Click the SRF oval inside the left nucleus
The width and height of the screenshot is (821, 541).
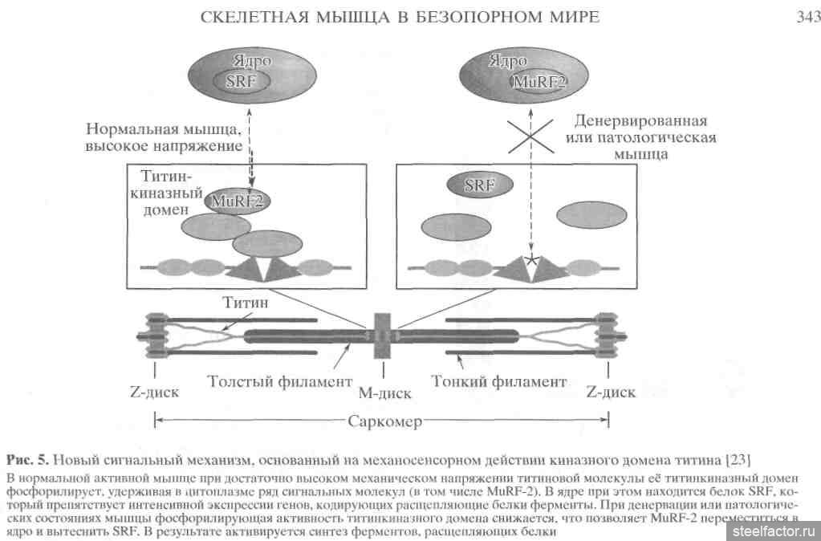pos(238,80)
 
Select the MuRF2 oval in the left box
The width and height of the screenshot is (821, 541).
pos(237,201)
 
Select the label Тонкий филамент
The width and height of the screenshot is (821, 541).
pos(498,381)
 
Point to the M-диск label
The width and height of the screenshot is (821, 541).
pos(384,393)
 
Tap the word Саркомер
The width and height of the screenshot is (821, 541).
pos(384,421)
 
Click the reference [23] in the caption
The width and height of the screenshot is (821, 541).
pos(738,460)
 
